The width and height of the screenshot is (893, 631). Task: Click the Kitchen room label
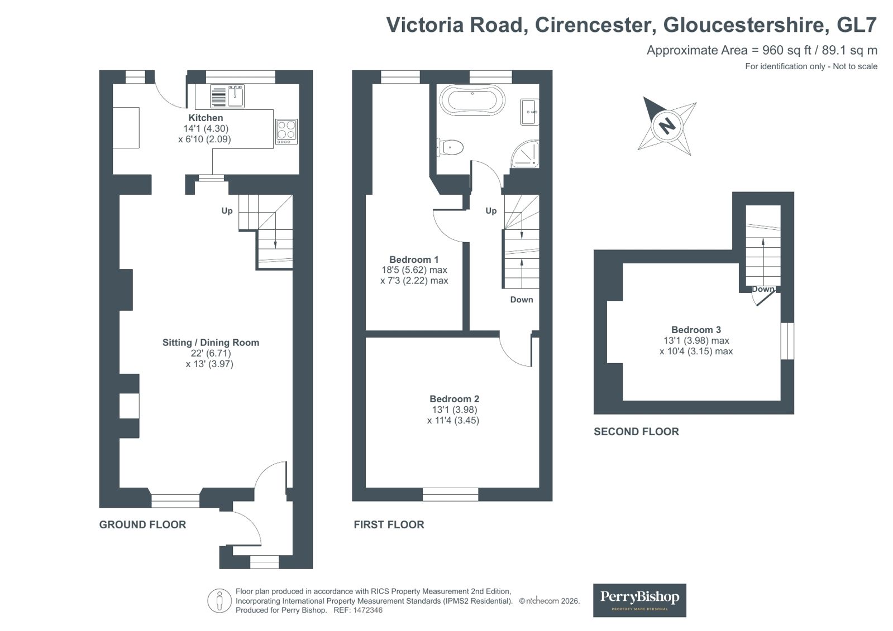point(206,118)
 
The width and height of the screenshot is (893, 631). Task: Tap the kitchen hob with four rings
point(286,132)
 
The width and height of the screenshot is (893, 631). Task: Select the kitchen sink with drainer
point(227,97)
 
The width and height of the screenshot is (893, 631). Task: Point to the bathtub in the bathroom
point(472,100)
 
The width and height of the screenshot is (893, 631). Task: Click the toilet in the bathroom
point(451,147)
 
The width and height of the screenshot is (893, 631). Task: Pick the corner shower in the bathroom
point(526,154)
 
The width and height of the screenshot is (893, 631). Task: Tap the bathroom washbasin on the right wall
point(530,112)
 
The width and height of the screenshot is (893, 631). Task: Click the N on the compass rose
point(667,126)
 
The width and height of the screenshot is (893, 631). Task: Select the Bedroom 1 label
point(414,260)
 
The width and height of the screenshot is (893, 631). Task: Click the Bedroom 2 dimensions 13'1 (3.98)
point(455,410)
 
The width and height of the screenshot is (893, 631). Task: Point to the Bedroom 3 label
point(696,330)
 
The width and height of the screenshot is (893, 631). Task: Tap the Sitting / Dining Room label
point(211,343)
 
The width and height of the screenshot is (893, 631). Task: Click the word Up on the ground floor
point(227,211)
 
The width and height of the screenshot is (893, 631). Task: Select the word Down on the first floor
point(522,300)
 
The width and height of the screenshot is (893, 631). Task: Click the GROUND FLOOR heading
point(143,524)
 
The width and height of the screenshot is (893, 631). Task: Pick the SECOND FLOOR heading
point(636,432)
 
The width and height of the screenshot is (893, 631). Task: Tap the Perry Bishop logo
point(639,600)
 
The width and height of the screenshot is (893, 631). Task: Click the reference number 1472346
point(367,610)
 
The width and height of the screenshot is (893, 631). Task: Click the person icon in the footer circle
point(219,601)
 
